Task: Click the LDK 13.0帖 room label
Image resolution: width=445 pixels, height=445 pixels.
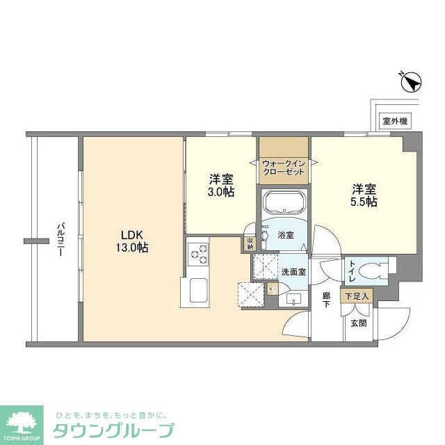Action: tap(131, 241)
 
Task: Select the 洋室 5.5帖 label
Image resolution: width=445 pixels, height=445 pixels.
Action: tap(364, 195)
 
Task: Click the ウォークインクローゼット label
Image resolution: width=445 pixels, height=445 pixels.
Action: tap(284, 167)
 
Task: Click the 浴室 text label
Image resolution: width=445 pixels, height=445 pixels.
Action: tap(286, 235)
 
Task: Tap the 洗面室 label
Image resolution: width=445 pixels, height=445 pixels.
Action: tap(293, 272)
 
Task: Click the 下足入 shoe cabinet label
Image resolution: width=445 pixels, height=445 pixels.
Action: tap(357, 296)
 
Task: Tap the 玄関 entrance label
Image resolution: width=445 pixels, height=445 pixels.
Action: tap(358, 323)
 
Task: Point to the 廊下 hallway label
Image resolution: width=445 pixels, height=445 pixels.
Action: tap(325, 300)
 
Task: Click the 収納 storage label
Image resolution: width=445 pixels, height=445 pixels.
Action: tap(249, 244)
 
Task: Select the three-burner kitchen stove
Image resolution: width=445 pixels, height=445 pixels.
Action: tap(196, 254)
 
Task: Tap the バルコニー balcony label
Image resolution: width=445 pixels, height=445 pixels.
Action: tap(60, 239)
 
